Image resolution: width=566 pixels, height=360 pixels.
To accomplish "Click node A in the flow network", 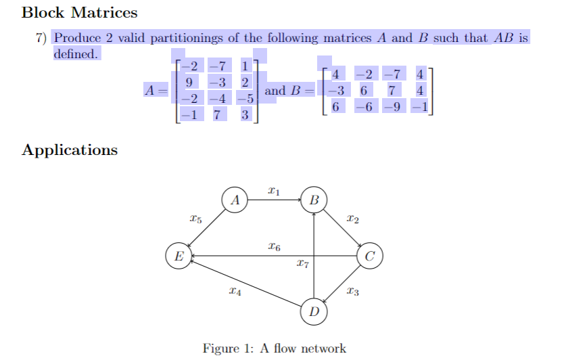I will click(235, 200).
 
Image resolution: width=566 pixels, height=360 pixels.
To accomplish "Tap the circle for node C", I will click(369, 256).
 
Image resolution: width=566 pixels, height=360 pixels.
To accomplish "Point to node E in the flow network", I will click(179, 256).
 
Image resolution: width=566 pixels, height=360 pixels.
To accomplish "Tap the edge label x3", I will click(352, 292).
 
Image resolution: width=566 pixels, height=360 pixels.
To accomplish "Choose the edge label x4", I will click(235, 292).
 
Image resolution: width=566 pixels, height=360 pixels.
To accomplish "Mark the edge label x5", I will click(195, 219).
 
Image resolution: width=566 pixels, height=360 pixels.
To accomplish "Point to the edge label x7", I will click(302, 264).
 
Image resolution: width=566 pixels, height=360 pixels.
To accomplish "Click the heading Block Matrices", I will click(79, 12).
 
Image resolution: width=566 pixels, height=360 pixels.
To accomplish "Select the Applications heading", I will click(69, 150).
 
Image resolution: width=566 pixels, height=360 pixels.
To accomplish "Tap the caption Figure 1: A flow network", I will click(274, 348).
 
